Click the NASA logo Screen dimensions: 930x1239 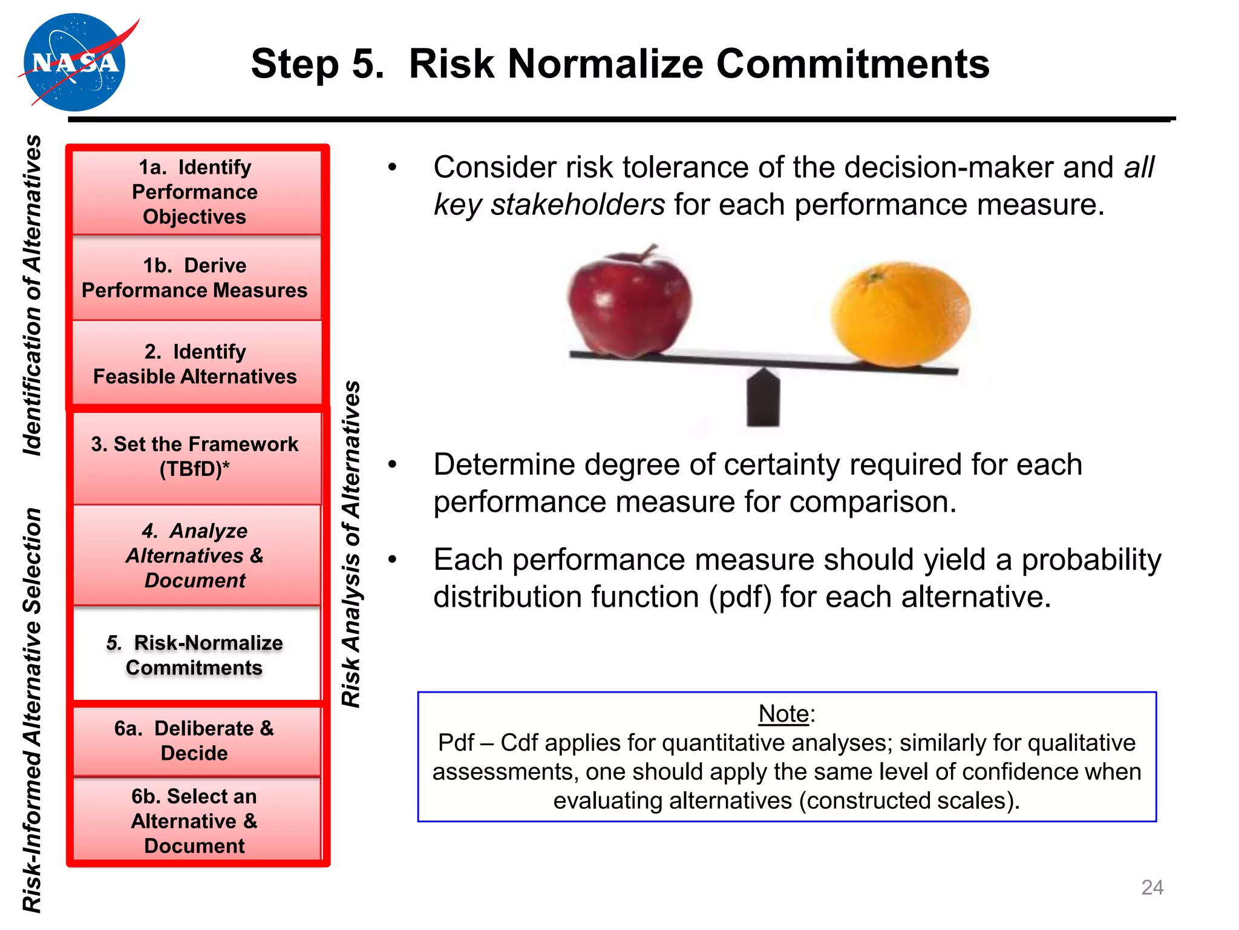[74, 63]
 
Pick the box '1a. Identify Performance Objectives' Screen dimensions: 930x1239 [195, 192]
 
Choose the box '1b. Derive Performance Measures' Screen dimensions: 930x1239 [195, 278]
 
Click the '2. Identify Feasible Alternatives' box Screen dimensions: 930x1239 [195, 364]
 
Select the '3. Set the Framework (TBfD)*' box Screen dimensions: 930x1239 [195, 457]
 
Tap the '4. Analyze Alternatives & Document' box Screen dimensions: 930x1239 [195, 555]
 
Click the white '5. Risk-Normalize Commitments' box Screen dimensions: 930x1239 [195, 655]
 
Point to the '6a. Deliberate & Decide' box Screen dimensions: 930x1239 [195, 740]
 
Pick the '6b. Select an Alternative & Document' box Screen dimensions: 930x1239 [195, 820]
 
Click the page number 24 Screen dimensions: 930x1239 [1152, 887]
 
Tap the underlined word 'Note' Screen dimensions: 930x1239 [783, 714]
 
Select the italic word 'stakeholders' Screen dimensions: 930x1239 [578, 205]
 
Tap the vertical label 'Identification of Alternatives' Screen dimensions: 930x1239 [33, 295]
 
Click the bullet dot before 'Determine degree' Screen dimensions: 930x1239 [393, 465]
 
